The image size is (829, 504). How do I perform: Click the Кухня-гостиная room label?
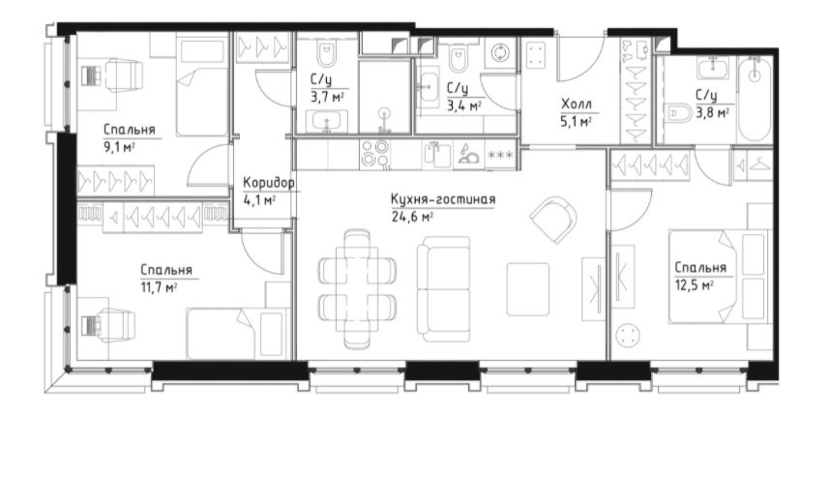click(x=443, y=199)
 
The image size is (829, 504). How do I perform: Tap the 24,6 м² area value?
click(x=412, y=216)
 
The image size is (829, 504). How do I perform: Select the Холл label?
click(x=577, y=104)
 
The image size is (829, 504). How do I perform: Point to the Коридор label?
click(x=269, y=183)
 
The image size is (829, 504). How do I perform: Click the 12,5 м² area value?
click(x=695, y=285)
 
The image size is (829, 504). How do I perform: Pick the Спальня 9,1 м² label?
click(x=129, y=137)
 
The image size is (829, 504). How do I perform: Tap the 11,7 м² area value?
click(x=159, y=287)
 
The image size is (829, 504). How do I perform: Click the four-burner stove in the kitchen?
click(x=375, y=154)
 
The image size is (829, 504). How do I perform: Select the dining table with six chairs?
click(x=357, y=288)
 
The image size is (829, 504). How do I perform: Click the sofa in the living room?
click(x=444, y=288)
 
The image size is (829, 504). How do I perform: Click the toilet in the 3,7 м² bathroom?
click(x=326, y=54)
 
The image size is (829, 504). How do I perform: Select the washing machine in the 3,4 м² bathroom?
click(x=499, y=54)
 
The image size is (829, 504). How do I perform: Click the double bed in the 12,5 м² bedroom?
click(x=718, y=276)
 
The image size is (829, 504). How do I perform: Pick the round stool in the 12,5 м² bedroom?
click(x=629, y=335)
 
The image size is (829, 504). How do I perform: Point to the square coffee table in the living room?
click(x=528, y=288)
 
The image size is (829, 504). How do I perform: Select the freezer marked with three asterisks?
click(x=500, y=155)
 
